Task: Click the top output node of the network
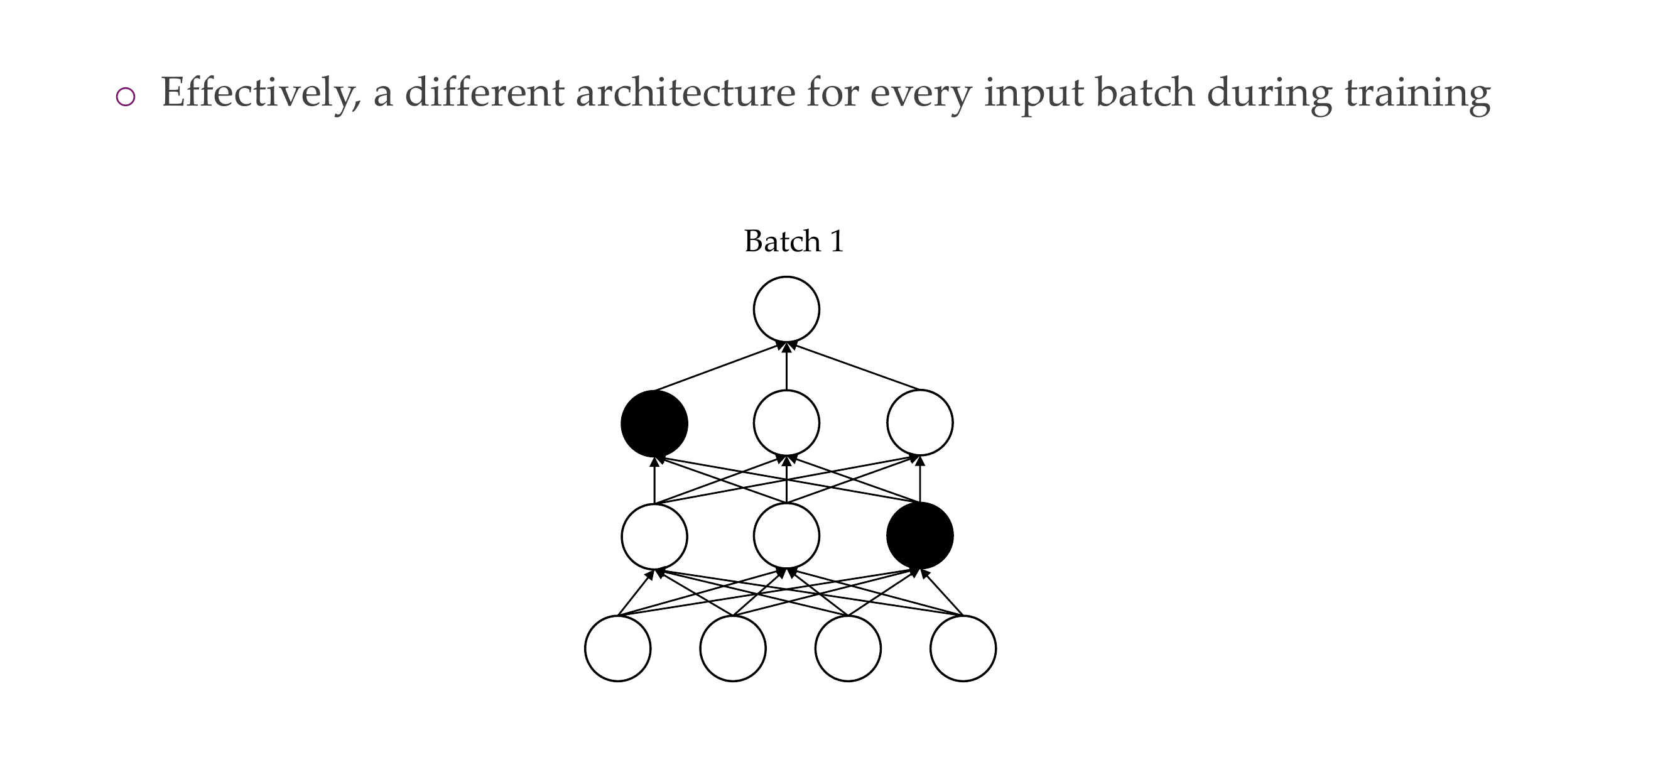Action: (x=786, y=309)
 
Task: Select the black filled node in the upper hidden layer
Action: (x=654, y=423)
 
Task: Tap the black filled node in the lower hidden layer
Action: (x=920, y=535)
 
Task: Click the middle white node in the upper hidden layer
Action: (x=786, y=423)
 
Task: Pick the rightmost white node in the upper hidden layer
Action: (x=920, y=423)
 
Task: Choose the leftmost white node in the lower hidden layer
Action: (x=654, y=535)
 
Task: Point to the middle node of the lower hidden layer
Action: (x=786, y=535)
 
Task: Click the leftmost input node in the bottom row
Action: (x=618, y=648)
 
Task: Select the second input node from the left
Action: (x=733, y=648)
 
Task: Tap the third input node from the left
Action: (x=848, y=648)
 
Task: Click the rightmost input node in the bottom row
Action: (x=963, y=648)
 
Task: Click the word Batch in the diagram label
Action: (x=782, y=241)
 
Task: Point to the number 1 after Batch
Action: (x=837, y=241)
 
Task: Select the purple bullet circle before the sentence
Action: (x=125, y=97)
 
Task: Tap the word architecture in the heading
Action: (x=685, y=93)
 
